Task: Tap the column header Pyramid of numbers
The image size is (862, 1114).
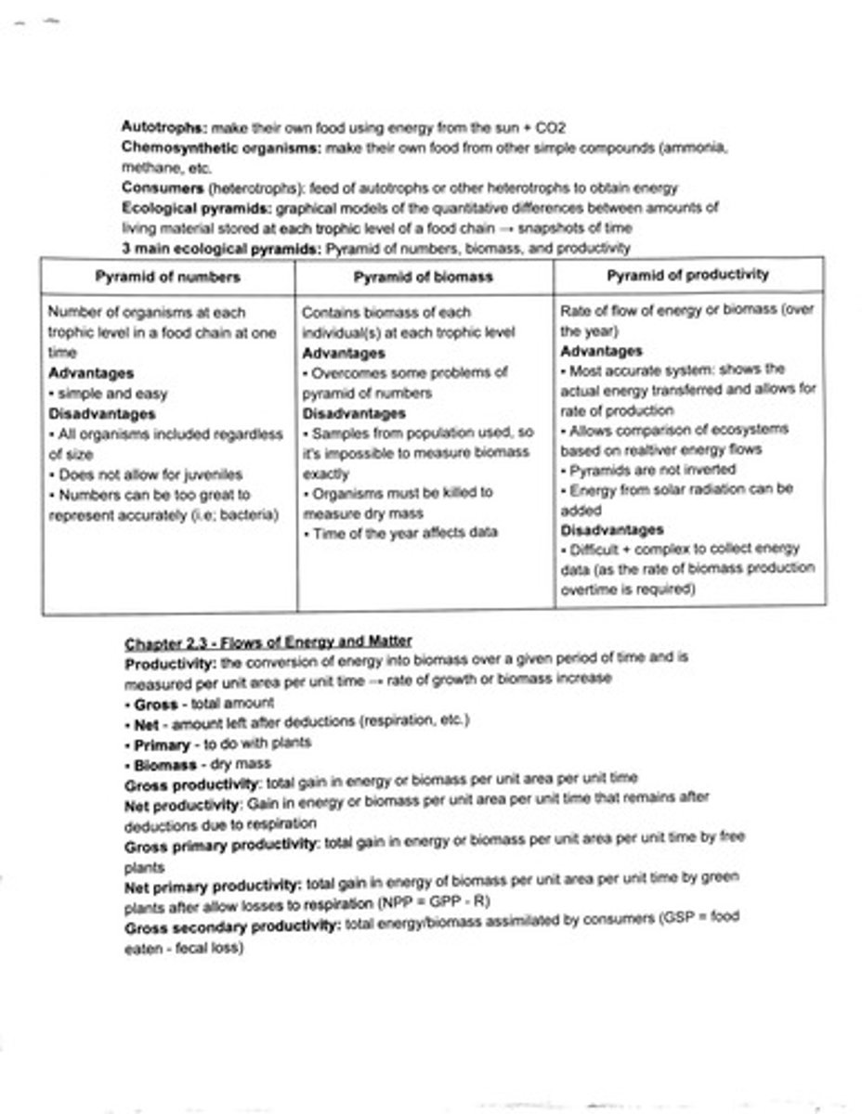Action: [x=167, y=277]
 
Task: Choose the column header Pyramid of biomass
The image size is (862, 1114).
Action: [x=424, y=277]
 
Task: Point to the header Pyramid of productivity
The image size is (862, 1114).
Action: [x=688, y=275]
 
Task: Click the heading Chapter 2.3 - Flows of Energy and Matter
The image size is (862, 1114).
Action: [x=268, y=641]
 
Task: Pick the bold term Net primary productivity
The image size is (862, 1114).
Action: [x=213, y=885]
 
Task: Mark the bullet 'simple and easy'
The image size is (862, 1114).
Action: [x=109, y=394]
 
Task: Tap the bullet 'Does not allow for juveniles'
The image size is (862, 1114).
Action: [x=141, y=474]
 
